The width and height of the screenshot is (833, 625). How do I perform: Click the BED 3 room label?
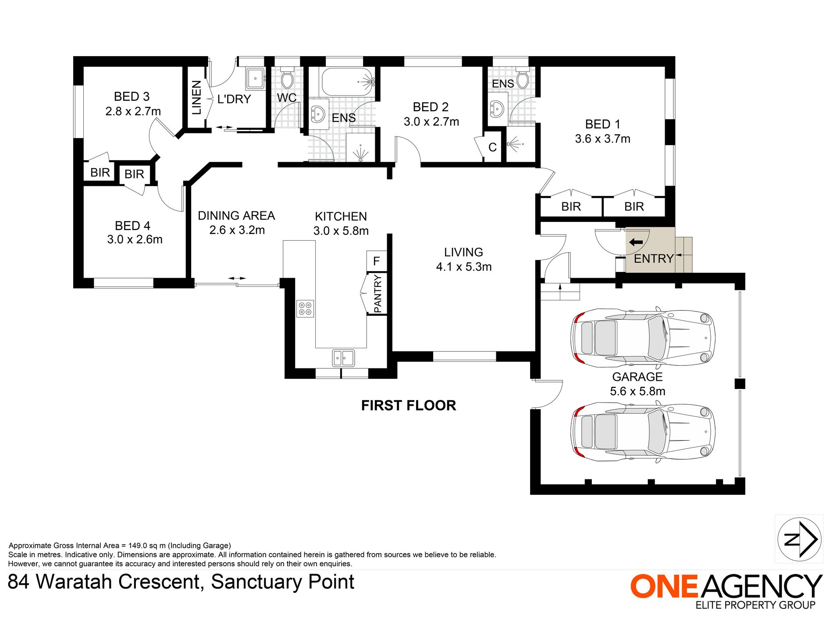[x=132, y=96]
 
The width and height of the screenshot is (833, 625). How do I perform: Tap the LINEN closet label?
[x=196, y=97]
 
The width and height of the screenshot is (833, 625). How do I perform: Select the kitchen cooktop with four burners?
[x=305, y=308]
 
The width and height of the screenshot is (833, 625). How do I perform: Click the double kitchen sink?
[x=343, y=358]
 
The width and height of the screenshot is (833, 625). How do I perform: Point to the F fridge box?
[x=376, y=261]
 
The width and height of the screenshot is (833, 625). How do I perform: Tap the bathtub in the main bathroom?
[x=348, y=82]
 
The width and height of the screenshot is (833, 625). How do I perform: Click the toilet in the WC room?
[x=287, y=79]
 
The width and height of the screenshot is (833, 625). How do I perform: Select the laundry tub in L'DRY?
[x=255, y=79]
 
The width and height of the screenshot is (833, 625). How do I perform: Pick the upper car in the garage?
[x=642, y=338]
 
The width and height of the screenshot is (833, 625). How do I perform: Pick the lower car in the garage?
[x=642, y=432]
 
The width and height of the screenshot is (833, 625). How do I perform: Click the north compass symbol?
[x=799, y=539]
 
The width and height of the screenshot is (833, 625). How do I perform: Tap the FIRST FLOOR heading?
[x=409, y=405]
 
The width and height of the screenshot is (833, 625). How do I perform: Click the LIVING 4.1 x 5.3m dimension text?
[x=463, y=267]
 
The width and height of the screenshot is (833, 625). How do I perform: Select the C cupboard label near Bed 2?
[x=492, y=147]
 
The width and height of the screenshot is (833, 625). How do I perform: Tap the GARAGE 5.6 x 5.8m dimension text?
[x=637, y=391]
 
